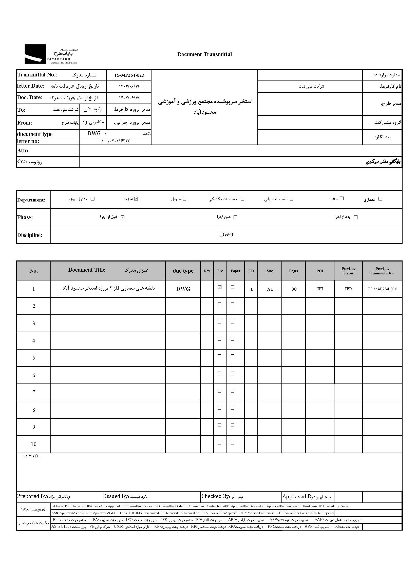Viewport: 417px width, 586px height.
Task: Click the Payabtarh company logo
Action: (x=51, y=54)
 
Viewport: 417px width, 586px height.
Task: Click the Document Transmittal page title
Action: (x=204, y=54)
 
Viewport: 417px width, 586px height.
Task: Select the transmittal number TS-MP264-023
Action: (x=129, y=75)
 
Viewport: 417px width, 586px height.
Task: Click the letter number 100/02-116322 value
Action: (x=115, y=141)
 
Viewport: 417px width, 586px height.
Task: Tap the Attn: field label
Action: (x=24, y=151)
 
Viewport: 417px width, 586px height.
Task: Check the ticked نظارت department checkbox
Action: (x=136, y=199)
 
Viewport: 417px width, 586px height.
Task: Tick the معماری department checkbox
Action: (x=380, y=199)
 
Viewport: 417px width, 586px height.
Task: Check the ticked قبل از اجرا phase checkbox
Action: (x=123, y=217)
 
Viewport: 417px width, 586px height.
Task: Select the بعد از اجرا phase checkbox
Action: (x=356, y=217)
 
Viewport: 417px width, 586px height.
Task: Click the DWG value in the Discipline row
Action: (x=226, y=234)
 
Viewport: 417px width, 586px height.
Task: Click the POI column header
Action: (x=320, y=271)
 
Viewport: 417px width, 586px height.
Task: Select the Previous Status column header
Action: (x=348, y=271)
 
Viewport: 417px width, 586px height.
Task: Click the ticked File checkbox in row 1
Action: (x=220, y=287)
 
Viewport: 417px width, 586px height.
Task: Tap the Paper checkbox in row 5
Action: (x=233, y=356)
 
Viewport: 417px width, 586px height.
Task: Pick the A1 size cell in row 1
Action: (x=270, y=289)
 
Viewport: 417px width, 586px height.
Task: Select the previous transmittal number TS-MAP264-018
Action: (x=382, y=289)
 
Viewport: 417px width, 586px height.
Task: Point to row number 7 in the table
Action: (x=34, y=392)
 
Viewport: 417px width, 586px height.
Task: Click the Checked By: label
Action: (x=215, y=496)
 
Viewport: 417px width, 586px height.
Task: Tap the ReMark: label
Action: (x=31, y=456)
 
